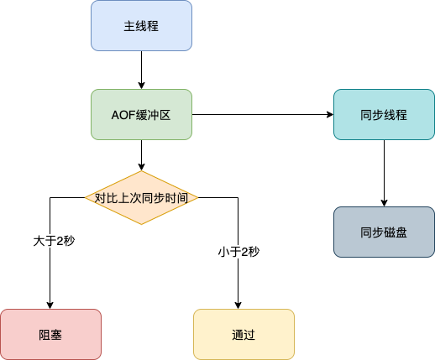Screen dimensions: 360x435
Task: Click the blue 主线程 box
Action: (142, 26)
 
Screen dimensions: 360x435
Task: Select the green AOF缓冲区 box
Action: (142, 114)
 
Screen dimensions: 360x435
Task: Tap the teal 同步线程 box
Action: (385, 114)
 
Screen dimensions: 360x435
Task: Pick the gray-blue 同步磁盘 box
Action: (385, 232)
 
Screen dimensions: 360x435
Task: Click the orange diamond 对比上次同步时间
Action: (141, 198)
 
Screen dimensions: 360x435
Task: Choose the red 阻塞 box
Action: (50, 334)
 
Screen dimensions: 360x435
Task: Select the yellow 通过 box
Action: (244, 334)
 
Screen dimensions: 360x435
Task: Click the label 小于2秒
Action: (238, 252)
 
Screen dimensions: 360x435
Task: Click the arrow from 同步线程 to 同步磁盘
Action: (385, 173)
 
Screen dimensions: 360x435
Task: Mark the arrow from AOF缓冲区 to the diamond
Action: (142, 155)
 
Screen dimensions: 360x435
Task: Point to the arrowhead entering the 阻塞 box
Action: (50, 304)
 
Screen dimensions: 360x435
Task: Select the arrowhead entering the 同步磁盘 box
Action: (385, 202)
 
